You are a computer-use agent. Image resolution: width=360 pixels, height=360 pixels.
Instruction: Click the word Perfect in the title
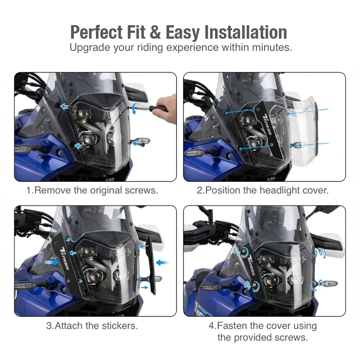(96, 32)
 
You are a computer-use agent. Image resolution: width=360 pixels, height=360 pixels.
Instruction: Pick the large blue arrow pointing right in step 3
(51, 262)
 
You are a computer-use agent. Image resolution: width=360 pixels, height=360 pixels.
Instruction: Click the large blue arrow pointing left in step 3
(162, 262)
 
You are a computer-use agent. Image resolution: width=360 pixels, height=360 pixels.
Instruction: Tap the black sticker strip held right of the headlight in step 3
(150, 266)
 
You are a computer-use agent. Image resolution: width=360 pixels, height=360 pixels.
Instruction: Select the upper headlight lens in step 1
(83, 114)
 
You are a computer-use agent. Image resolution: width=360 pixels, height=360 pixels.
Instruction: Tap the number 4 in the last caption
(211, 325)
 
